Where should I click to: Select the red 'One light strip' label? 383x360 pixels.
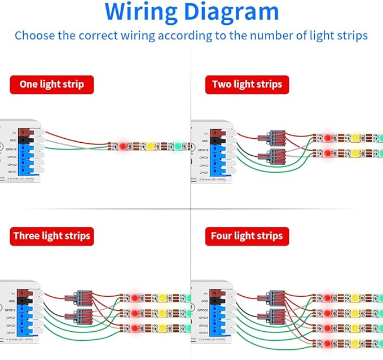point(51,85)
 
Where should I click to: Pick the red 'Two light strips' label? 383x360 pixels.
point(247,85)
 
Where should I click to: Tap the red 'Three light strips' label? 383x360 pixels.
point(51,235)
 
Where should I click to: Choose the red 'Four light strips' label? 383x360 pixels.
point(247,235)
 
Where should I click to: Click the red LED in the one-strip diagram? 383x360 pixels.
point(123,147)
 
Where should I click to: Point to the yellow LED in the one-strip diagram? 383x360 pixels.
point(151,147)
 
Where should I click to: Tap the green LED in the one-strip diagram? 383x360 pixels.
point(178,146)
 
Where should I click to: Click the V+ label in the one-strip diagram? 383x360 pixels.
point(14,134)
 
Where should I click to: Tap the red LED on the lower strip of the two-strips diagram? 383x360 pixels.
point(328,153)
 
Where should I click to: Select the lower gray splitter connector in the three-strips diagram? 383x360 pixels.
point(76,318)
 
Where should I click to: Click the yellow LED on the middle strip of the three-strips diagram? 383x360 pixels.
point(161,313)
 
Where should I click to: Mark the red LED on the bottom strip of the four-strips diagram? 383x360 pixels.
point(328,343)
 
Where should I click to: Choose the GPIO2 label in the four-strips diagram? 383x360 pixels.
point(203,326)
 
